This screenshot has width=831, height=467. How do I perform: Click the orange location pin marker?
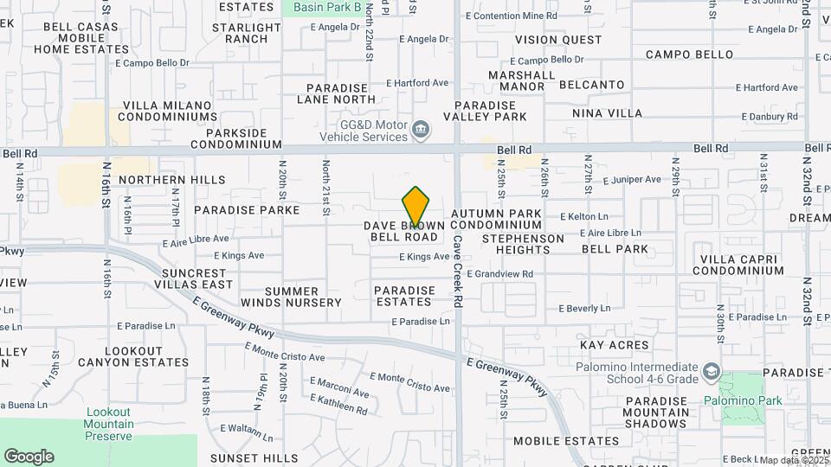pyautogui.click(x=416, y=207)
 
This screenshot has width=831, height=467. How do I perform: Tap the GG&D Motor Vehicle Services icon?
pyautogui.click(x=421, y=130)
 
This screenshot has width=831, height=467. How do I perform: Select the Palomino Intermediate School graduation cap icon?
pyautogui.click(x=711, y=372)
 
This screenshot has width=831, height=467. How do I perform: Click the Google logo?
pyautogui.click(x=29, y=457)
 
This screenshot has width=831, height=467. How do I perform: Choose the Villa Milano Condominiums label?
pyautogui.click(x=169, y=111)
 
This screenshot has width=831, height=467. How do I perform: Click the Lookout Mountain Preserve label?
pyautogui.click(x=109, y=424)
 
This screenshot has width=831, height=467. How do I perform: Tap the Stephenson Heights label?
pyautogui.click(x=523, y=243)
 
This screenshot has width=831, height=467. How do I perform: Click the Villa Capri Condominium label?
pyautogui.click(x=741, y=265)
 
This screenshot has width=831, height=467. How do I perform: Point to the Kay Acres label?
pyautogui.click(x=614, y=345)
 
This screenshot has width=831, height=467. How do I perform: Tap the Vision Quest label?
pyautogui.click(x=557, y=40)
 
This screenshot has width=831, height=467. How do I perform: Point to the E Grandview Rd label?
pyautogui.click(x=499, y=274)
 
